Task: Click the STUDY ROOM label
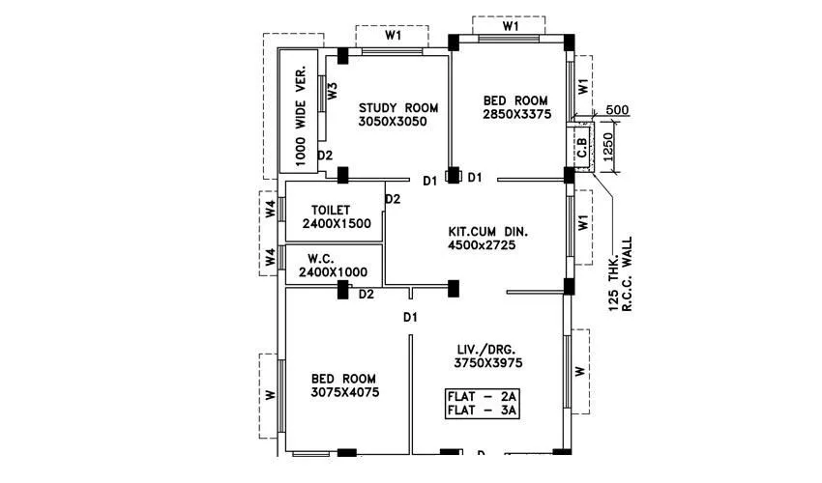(398, 107)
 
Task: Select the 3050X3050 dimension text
(393, 122)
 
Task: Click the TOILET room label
(331, 210)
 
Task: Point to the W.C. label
(322, 259)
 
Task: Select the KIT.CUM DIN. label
(488, 232)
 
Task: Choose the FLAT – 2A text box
(483, 396)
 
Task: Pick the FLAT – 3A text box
(483, 411)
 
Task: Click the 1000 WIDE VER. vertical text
(300, 113)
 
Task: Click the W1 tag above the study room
(393, 35)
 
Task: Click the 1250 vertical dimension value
(608, 147)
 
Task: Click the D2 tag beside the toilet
(393, 199)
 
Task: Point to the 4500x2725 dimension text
(482, 246)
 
